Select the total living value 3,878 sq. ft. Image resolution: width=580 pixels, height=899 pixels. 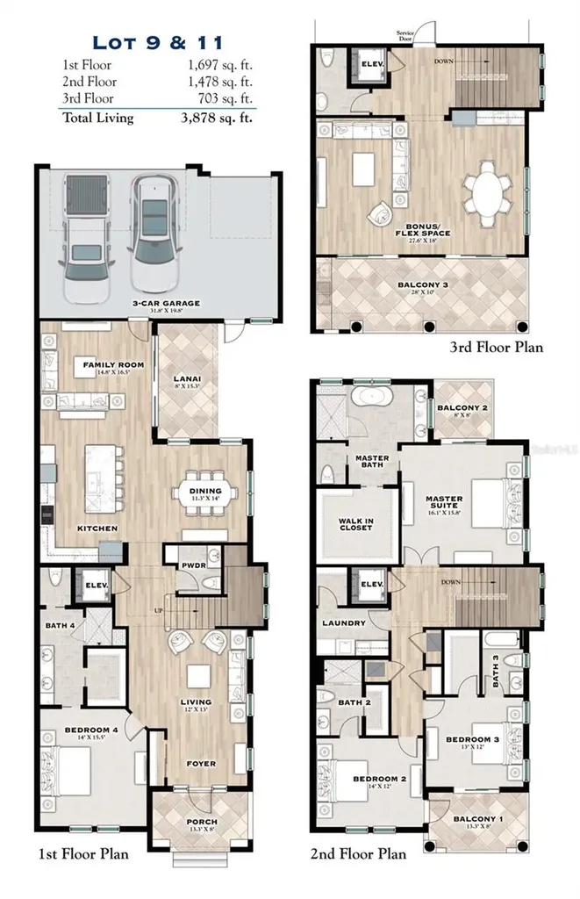pos(215,118)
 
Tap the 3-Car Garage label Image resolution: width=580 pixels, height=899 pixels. pos(166,303)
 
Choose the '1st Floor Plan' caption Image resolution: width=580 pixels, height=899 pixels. pos(85,853)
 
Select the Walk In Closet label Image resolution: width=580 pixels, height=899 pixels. pos(355,524)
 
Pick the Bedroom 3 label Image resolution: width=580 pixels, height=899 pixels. pos(471,739)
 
